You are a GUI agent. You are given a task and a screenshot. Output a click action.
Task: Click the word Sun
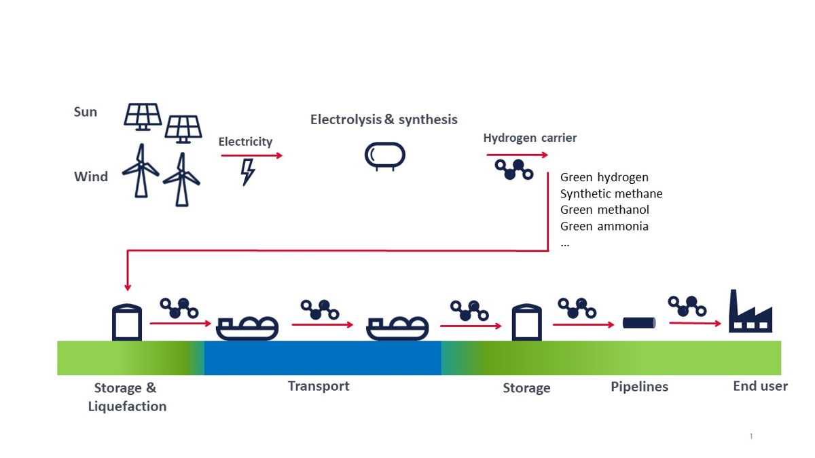86,112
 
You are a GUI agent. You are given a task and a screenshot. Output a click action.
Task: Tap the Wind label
91,176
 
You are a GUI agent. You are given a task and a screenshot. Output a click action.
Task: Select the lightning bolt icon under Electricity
248,172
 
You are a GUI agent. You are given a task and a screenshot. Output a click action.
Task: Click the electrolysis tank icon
385,157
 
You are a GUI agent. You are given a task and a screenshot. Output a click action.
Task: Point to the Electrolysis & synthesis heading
384,119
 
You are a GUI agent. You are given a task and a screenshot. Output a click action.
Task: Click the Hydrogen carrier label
530,138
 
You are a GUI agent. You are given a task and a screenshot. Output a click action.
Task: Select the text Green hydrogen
604,177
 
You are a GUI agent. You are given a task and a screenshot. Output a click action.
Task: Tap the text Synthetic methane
611,194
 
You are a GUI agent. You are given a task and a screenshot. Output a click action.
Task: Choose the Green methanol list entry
604,210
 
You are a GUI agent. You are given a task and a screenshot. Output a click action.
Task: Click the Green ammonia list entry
604,227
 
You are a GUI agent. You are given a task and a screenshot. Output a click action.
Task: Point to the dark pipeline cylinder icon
639,323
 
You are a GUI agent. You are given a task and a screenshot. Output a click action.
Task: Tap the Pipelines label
639,387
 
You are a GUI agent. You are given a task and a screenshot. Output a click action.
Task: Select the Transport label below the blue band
319,386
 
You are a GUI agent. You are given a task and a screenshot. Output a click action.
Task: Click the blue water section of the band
323,358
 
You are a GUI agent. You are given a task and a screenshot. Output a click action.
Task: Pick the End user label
761,386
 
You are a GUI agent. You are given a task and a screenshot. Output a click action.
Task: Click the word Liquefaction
128,406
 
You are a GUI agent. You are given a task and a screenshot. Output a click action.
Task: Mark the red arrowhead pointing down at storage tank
128,288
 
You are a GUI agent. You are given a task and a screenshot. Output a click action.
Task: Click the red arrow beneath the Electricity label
252,155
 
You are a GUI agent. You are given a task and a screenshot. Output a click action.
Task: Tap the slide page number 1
751,436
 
